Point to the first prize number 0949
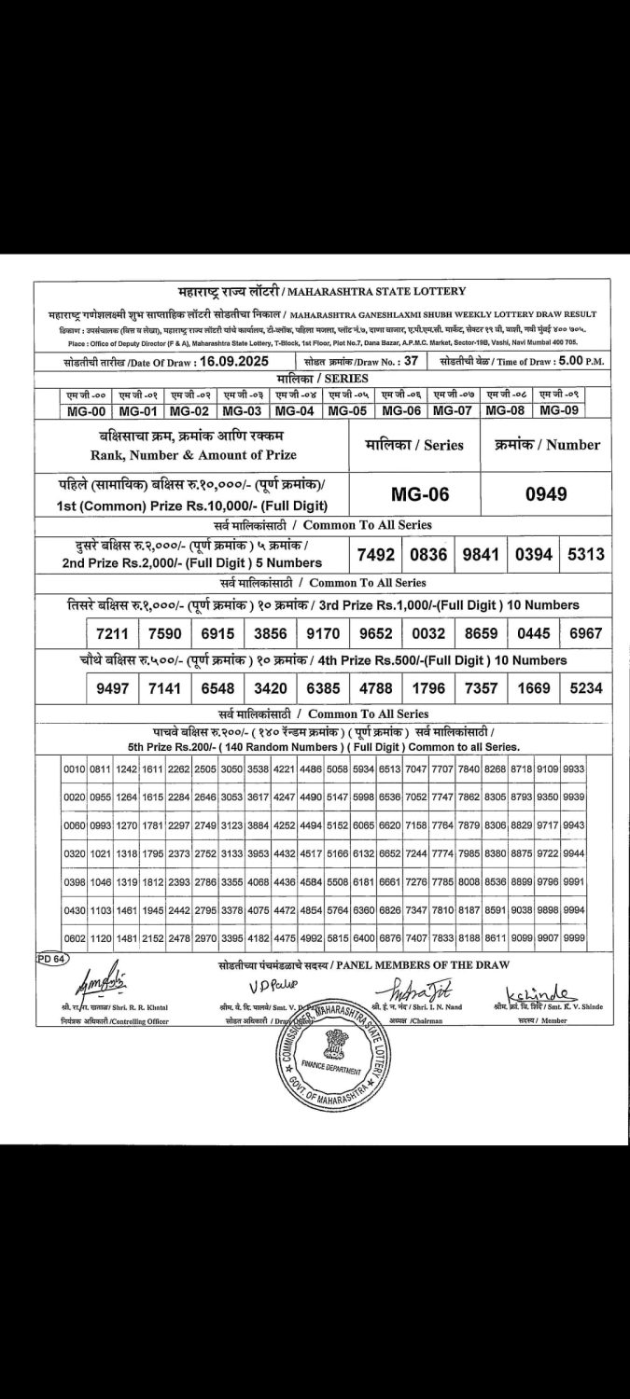pyautogui.click(x=546, y=493)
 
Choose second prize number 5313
pyautogui.click(x=586, y=554)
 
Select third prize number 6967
pyautogui.click(x=586, y=634)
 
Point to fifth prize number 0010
pyautogui.click(x=75, y=769)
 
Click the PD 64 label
pyautogui.click(x=51, y=959)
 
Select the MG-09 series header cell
pyautogui.click(x=559, y=410)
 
